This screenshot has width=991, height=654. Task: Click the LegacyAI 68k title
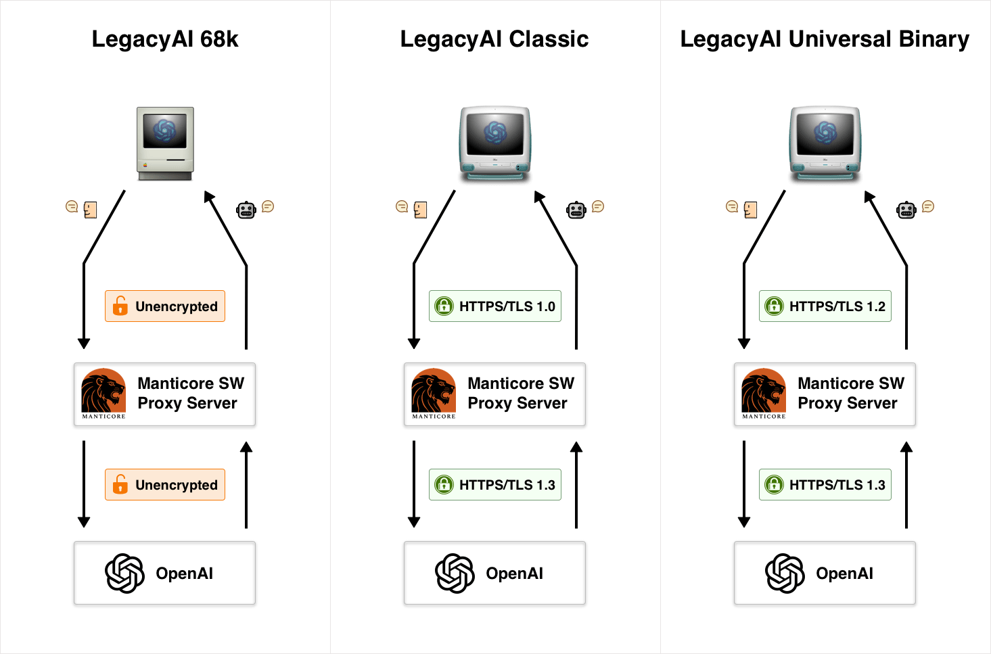tap(165, 40)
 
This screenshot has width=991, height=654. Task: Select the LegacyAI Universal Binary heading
tap(825, 40)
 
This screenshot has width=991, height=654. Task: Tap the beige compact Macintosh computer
tap(165, 143)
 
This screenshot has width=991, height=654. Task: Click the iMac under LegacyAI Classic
tap(495, 143)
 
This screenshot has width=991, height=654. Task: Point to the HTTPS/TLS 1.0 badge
tap(495, 306)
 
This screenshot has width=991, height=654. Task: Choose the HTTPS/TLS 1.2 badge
tap(825, 306)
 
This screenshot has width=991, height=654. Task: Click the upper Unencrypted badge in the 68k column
tap(165, 306)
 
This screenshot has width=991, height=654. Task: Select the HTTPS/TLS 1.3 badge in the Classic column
tap(495, 485)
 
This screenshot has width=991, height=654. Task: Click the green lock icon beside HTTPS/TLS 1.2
tap(775, 306)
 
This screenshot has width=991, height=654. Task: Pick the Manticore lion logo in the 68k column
tap(103, 393)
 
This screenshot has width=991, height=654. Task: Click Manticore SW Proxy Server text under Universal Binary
tap(851, 393)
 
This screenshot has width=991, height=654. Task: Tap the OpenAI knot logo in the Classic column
tap(455, 573)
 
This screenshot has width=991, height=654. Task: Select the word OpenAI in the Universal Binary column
tap(845, 574)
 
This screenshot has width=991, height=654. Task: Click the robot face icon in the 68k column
tap(246, 210)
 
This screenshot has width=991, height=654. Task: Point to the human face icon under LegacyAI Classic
tap(420, 210)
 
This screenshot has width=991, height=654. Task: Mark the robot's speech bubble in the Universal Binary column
tap(928, 206)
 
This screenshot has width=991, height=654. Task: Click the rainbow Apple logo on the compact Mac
tap(145, 166)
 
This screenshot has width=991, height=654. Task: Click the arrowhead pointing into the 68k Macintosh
tap(209, 196)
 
